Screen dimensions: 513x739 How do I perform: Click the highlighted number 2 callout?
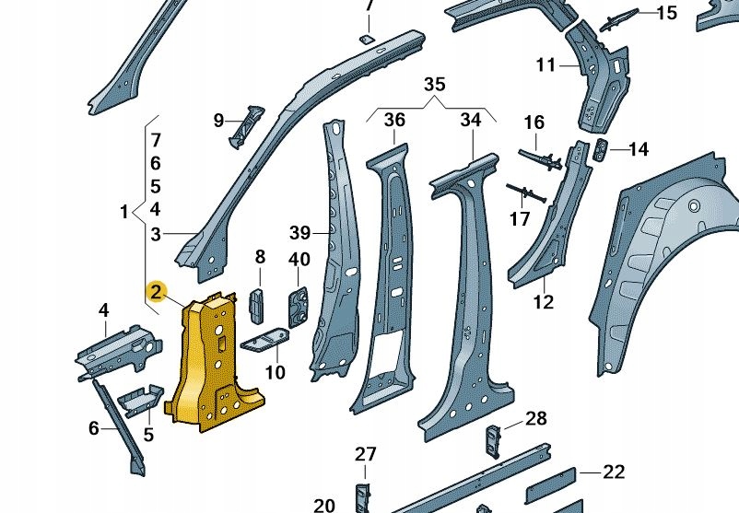(157, 293)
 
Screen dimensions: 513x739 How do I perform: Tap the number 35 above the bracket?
(434, 85)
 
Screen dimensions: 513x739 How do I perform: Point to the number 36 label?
(394, 120)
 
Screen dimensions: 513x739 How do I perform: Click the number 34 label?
(471, 120)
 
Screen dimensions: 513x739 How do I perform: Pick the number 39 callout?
(299, 230)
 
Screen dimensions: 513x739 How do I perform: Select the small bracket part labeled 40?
(299, 304)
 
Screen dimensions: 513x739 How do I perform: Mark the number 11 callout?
(546, 64)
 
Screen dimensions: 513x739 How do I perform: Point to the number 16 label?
(534, 122)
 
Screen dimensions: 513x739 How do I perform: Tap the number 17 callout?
(521, 218)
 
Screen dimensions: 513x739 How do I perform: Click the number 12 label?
(544, 301)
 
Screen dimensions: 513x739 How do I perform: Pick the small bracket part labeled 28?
(493, 438)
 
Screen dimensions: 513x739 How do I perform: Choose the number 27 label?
(366, 453)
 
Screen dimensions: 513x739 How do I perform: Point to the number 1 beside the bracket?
(124, 213)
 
